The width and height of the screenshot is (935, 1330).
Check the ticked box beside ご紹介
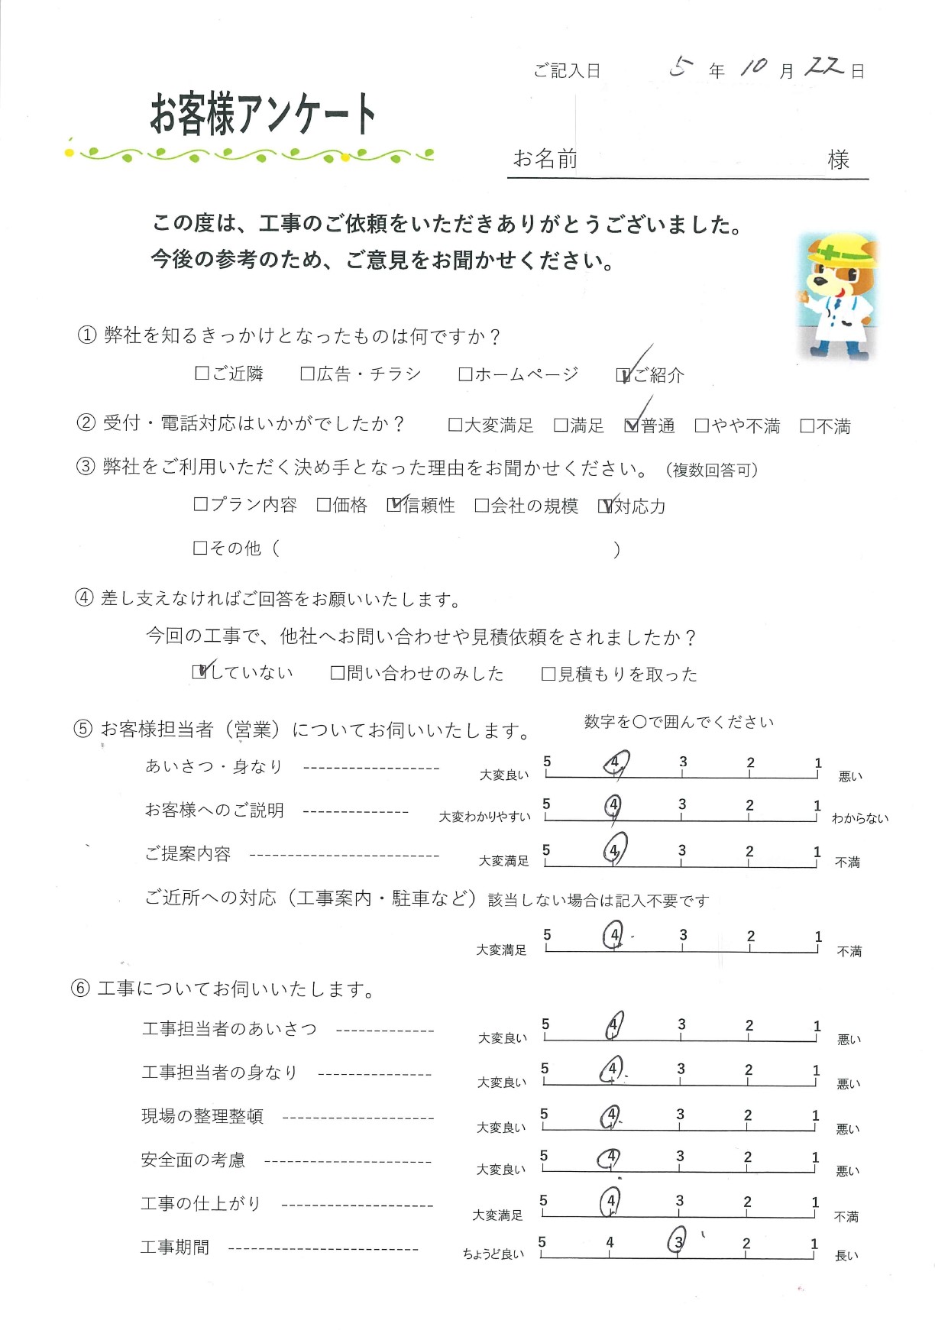coord(623,375)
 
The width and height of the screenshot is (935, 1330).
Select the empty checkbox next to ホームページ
coord(465,374)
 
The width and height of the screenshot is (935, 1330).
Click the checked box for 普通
coord(631,426)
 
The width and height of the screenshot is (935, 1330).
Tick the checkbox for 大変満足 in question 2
coord(455,426)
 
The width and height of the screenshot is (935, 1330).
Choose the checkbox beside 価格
coord(324,505)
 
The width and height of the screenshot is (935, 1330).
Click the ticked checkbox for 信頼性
coord(394,505)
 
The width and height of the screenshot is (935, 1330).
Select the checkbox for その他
coord(200,548)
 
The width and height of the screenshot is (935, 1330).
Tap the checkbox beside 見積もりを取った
coord(548,674)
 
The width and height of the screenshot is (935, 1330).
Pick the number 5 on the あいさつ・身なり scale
coord(547,762)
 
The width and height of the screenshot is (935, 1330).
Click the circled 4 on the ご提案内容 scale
coord(613,850)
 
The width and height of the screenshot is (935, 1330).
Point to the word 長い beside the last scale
coord(846,1256)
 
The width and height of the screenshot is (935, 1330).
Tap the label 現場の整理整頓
coord(202,1116)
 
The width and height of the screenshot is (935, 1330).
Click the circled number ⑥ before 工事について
coord(80,989)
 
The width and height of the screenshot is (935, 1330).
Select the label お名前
coord(545,159)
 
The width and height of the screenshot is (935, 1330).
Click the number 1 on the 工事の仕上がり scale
coord(815,1202)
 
